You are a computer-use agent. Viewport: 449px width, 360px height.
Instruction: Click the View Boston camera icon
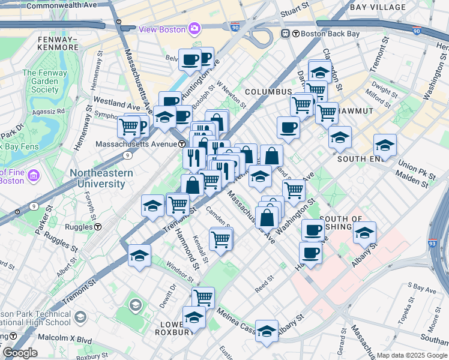[194, 28]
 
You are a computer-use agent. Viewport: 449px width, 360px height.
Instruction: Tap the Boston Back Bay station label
[326, 34]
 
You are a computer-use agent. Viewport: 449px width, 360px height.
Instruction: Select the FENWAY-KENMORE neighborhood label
[58, 43]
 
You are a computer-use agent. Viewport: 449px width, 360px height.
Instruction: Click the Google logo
[19, 353]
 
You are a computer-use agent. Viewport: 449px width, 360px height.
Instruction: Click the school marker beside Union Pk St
[385, 145]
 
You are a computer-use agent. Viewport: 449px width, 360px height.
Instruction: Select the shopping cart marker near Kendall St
[221, 239]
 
